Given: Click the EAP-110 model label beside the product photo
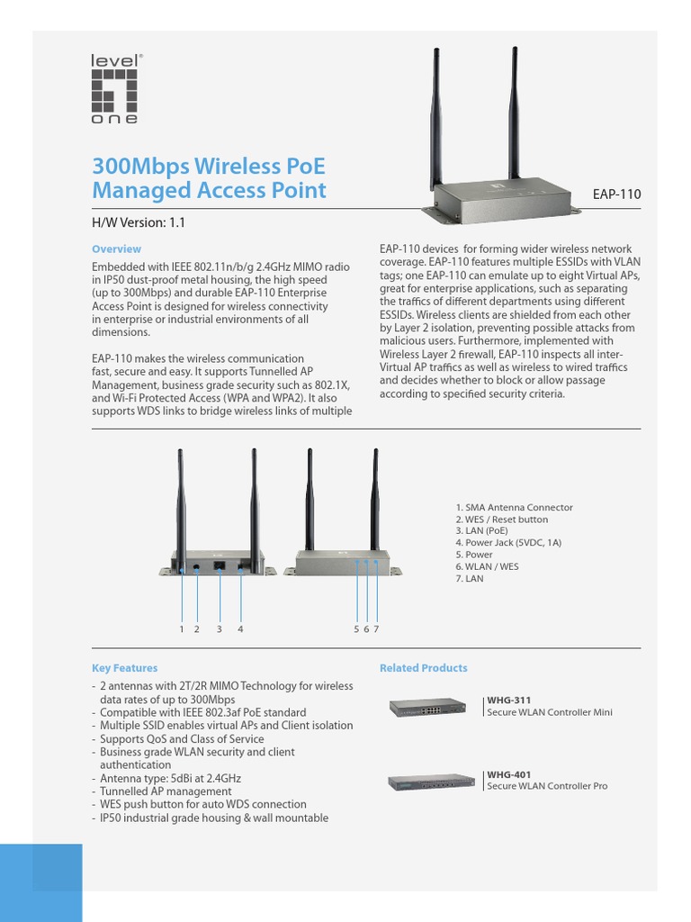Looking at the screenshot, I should pyautogui.click(x=615, y=194).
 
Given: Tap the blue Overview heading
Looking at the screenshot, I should pyautogui.click(x=116, y=249).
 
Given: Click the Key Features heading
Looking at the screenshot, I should pyautogui.click(x=124, y=668).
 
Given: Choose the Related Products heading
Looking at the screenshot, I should pyautogui.click(x=423, y=668).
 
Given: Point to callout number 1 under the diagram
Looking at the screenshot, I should pyautogui.click(x=182, y=629).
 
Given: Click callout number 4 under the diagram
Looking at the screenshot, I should pyautogui.click(x=240, y=629).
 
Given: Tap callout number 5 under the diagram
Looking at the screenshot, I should pyautogui.click(x=356, y=629).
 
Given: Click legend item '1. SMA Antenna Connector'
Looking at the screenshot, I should pyautogui.click(x=514, y=508).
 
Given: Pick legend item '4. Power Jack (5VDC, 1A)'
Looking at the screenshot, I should pyautogui.click(x=508, y=543).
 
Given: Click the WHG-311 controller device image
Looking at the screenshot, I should pyautogui.click(x=427, y=708).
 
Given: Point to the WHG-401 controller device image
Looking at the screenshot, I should pyautogui.click(x=431, y=782).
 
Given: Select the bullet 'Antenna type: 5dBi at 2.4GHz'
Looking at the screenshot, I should pyautogui.click(x=170, y=778).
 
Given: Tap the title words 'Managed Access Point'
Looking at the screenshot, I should pyautogui.click(x=210, y=190).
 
